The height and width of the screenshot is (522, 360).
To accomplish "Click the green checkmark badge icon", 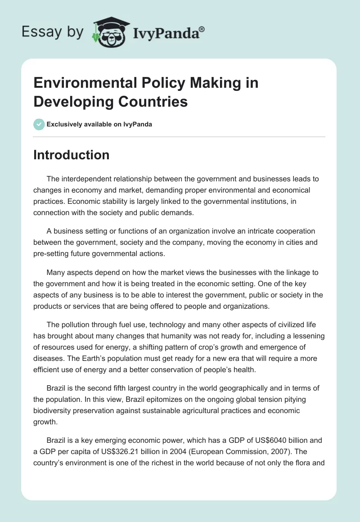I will [39, 124].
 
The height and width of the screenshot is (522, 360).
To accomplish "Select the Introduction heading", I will [72, 155].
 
